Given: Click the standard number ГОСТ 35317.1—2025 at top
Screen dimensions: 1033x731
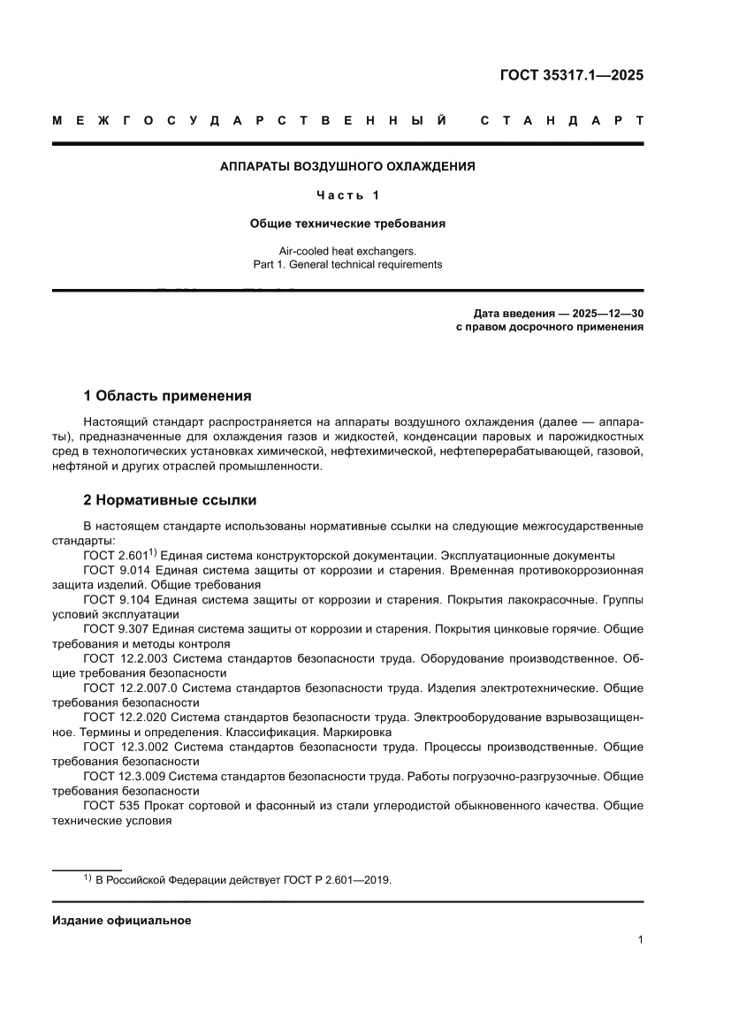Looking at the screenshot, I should [572, 74].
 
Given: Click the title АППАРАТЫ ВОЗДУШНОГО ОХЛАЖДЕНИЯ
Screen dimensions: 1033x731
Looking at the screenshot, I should [347, 165].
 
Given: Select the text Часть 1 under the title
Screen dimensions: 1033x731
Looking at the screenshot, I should [347, 194].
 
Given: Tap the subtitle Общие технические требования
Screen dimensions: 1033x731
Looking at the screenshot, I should [347, 224].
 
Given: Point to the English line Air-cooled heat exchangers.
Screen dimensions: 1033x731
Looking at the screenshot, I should [347, 250].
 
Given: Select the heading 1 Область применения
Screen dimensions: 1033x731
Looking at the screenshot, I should [167, 395].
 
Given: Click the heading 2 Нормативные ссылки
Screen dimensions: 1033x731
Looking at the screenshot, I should [170, 500].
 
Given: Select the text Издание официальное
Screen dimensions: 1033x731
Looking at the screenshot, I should [122, 920].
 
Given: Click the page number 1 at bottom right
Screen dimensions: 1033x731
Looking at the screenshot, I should [639, 940].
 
